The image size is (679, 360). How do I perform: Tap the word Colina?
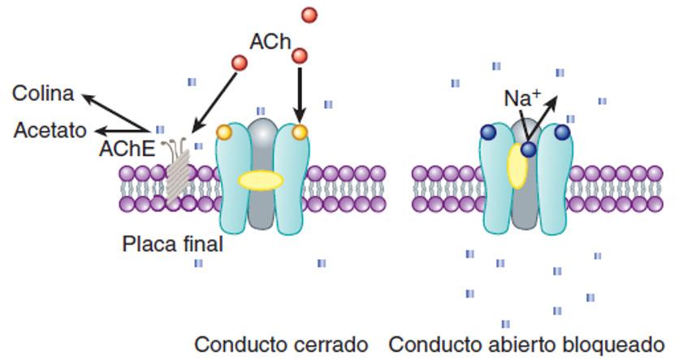[x=43, y=93]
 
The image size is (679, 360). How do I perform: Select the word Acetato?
[x=50, y=129]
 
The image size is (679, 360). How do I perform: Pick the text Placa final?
[x=172, y=243]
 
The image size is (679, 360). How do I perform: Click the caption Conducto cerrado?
[x=281, y=344]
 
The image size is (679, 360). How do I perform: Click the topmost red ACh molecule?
[x=309, y=15]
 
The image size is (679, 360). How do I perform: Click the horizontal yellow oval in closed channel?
[x=260, y=179]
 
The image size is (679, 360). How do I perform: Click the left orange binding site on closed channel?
[x=224, y=132]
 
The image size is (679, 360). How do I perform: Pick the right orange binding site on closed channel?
[x=301, y=132]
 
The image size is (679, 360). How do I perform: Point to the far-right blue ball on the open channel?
[x=561, y=132]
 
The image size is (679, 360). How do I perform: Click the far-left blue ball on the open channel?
[x=489, y=132]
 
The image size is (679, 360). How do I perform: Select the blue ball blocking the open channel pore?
[x=528, y=150]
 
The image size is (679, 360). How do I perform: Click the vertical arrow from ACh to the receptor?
[x=301, y=93]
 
